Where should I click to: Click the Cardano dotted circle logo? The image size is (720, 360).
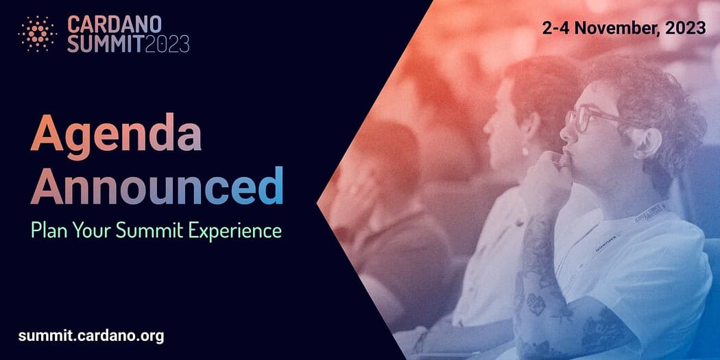37,34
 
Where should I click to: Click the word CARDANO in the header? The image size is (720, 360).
115,24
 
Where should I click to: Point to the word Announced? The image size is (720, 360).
156,185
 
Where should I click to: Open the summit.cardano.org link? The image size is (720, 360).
91,336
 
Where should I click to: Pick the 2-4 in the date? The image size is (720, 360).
555,28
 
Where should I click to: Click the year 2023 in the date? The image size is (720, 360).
686,28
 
